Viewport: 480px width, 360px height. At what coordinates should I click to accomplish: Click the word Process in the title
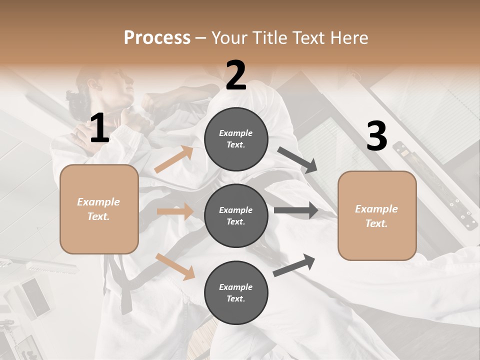pos(157,38)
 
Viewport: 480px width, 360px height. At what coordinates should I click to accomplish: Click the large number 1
pos(99,128)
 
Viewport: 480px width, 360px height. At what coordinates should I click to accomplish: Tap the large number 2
pos(236,75)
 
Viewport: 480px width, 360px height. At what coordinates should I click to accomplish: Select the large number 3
pos(376,136)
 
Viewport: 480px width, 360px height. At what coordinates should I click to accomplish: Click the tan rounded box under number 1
pos(99,209)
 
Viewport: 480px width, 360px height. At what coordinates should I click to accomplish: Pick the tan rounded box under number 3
pos(377,216)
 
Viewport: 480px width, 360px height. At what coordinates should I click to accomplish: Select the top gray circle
pos(236,139)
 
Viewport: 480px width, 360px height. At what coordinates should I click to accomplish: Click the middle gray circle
pos(236,215)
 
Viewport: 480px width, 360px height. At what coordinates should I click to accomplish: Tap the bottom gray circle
pos(236,292)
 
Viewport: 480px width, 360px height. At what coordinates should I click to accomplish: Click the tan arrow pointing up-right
pos(174,160)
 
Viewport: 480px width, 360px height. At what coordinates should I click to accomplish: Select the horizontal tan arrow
pos(175,211)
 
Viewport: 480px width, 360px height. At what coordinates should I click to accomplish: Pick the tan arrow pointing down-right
pos(175,266)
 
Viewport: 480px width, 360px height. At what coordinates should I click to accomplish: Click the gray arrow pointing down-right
pos(297,160)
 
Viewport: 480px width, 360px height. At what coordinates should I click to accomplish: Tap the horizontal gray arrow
pos(296,210)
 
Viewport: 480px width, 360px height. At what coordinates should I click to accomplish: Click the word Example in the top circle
pos(235,133)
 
